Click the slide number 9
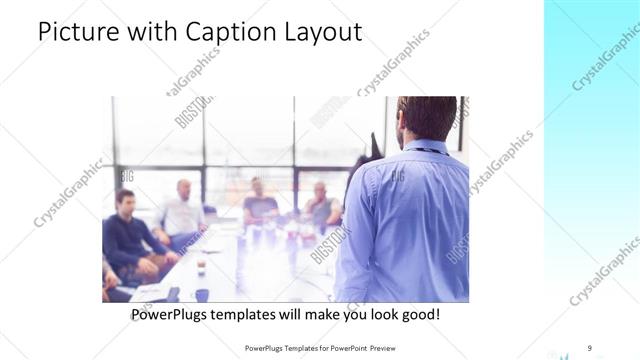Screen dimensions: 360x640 click(x=589, y=347)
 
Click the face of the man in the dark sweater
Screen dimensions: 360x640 click(x=126, y=201)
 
